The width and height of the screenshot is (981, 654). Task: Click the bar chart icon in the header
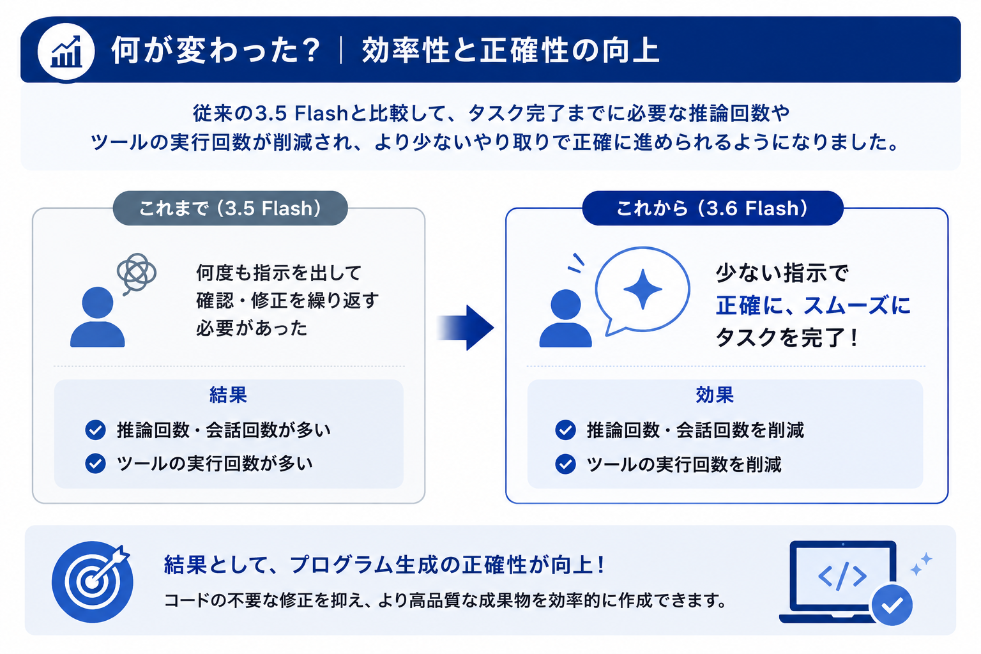click(66, 52)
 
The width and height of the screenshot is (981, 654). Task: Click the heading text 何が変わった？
click(217, 51)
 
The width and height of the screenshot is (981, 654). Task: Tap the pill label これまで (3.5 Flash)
click(231, 208)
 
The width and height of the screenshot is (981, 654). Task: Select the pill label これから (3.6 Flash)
click(713, 208)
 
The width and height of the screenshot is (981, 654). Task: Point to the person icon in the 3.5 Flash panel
click(98, 317)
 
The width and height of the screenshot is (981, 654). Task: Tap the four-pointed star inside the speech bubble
click(643, 289)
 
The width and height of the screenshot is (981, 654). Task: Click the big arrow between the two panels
click(465, 327)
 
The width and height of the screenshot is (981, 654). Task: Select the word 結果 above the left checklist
click(228, 395)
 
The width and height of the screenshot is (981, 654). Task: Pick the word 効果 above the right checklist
click(715, 395)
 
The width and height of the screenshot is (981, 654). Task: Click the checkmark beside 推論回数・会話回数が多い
click(95, 430)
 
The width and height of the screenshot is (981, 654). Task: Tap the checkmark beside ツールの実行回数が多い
click(95, 464)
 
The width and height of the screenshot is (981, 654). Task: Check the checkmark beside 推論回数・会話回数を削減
click(565, 430)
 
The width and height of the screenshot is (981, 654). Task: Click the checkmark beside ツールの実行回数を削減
click(565, 464)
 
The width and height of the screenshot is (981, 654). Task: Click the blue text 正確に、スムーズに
click(813, 305)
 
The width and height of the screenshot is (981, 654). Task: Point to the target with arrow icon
click(93, 582)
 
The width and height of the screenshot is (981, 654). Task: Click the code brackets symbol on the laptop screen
click(842, 576)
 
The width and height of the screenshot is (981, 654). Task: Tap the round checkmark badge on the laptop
click(892, 605)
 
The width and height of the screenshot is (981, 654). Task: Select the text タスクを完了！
click(787, 338)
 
